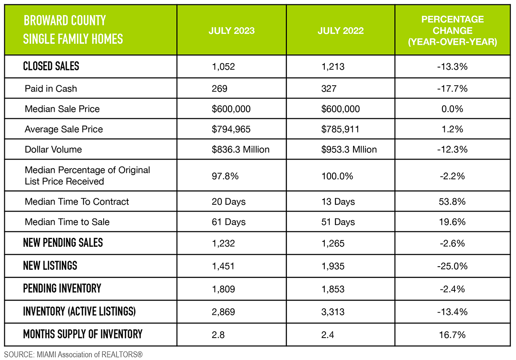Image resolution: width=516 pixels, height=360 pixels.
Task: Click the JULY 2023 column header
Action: coord(231,31)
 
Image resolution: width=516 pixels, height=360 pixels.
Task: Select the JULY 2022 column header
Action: coord(341,31)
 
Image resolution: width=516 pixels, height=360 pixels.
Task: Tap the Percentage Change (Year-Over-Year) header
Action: coord(452,31)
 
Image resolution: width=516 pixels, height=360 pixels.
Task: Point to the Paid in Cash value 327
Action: coord(329,89)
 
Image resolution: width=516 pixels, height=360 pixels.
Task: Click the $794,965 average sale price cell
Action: coord(231,129)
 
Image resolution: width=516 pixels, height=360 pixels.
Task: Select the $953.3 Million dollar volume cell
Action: coord(349,149)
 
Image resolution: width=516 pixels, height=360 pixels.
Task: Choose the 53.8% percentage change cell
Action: coord(452,201)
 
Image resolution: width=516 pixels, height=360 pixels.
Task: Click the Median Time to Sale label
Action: coord(67,222)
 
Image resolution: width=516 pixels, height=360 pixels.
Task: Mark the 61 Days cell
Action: coord(229,222)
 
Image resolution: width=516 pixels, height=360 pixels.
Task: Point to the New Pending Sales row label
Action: coord(63,243)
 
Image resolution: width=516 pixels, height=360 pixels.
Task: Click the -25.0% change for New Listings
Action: coord(452,266)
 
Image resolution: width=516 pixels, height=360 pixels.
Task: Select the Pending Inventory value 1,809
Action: coord(224,289)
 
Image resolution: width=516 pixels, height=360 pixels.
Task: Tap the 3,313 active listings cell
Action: coord(333,311)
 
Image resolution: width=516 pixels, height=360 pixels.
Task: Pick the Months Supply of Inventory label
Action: coord(83,334)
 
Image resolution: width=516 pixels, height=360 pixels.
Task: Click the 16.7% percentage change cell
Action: coord(452,334)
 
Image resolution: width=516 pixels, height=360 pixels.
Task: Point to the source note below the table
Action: coord(73,355)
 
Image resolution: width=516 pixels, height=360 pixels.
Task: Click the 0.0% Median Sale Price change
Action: coord(452,109)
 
